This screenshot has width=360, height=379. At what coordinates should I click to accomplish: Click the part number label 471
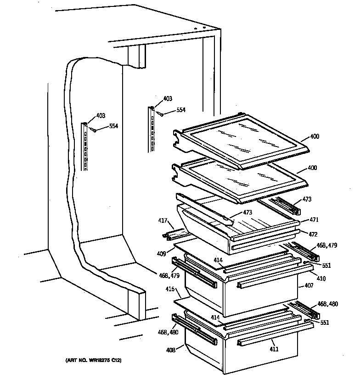tap(314, 220)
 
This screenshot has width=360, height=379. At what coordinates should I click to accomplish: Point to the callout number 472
tap(313, 234)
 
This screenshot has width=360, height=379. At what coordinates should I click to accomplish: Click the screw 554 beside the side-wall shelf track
tap(94, 130)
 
